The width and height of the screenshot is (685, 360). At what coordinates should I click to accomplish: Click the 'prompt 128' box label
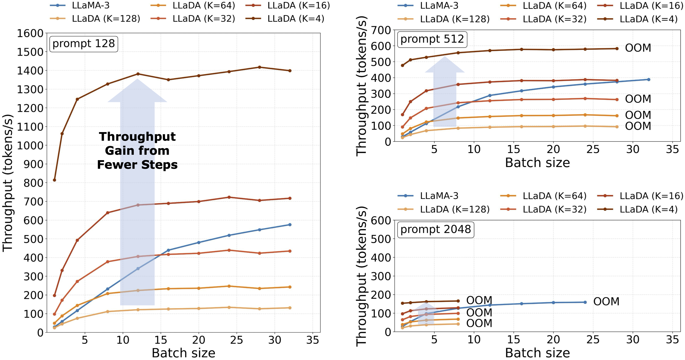click(x=84, y=44)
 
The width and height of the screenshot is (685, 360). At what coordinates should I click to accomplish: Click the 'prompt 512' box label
click(x=432, y=39)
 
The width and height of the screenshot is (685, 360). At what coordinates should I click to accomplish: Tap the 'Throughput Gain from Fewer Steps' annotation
click(x=137, y=151)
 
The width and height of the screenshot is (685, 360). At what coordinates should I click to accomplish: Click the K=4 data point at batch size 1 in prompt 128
click(x=55, y=180)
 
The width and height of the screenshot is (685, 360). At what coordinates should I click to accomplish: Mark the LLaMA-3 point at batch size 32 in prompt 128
click(x=290, y=225)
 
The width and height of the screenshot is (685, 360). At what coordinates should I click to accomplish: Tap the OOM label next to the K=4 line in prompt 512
click(x=638, y=48)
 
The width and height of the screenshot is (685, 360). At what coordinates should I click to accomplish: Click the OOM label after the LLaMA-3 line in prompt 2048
click(x=606, y=301)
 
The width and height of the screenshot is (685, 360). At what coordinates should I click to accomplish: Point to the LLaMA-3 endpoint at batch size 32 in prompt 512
click(x=649, y=80)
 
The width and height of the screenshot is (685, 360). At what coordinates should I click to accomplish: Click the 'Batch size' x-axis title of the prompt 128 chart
click(x=183, y=353)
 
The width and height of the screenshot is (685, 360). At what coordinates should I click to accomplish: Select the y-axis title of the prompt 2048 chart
click(x=362, y=276)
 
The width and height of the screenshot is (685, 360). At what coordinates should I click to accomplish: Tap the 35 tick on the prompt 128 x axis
click(x=313, y=340)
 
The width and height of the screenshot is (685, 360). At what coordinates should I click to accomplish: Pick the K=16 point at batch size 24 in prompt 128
click(x=229, y=197)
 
